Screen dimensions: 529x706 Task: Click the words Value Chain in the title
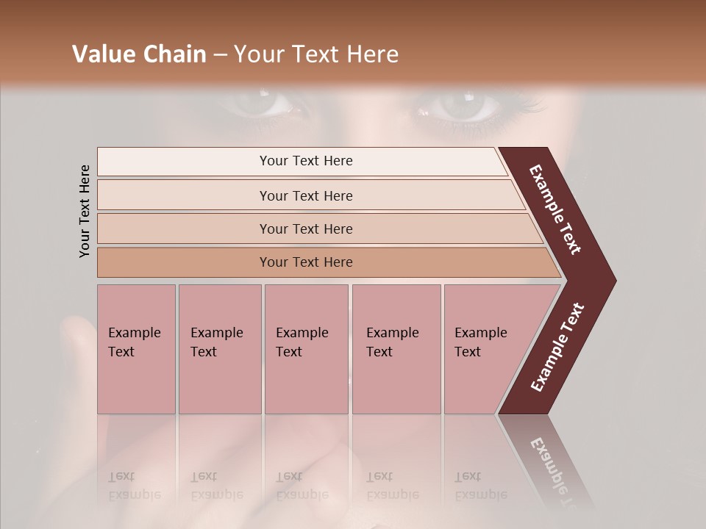click(x=139, y=54)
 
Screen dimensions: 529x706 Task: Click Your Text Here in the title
click(x=316, y=54)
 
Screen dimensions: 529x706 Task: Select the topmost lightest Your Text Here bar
click(x=305, y=161)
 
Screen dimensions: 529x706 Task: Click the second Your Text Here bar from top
click(x=305, y=195)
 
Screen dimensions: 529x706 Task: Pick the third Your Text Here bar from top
click(x=305, y=228)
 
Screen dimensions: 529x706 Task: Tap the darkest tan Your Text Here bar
click(x=305, y=262)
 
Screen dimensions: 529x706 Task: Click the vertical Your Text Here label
click(x=85, y=211)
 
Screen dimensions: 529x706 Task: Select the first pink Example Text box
click(x=136, y=349)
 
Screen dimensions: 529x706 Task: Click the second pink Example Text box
click(x=219, y=349)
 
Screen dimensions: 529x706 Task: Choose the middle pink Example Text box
click(x=306, y=349)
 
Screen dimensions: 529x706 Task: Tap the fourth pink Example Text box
click(x=396, y=349)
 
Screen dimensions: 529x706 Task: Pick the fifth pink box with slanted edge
click(x=485, y=349)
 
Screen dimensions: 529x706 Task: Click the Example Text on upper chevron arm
click(x=555, y=209)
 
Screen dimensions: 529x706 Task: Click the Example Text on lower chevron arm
click(x=557, y=348)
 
